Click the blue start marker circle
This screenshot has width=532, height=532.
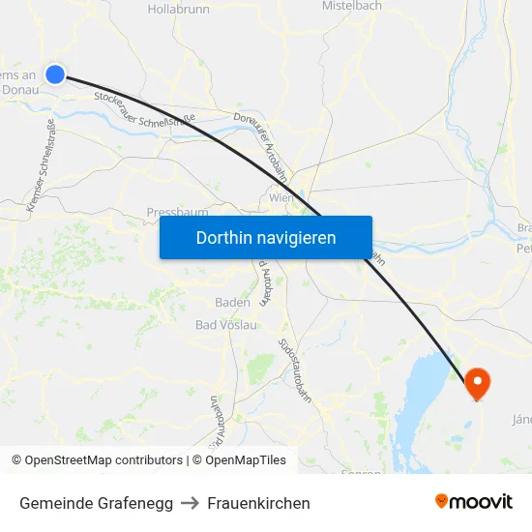pyautogui.click(x=55, y=74)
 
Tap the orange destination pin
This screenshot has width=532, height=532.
pyautogui.click(x=478, y=382)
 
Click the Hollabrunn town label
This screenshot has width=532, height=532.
pyautogui.click(x=179, y=9)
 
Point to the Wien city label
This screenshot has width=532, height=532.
pyautogui.click(x=281, y=197)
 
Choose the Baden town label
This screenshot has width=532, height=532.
pyautogui.click(x=232, y=302)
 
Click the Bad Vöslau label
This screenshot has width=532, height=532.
pyautogui.click(x=225, y=325)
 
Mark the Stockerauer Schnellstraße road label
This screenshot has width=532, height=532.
pyautogui.click(x=145, y=109)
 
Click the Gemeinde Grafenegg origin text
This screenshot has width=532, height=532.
pyautogui.click(x=97, y=503)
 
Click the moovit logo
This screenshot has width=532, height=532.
pyautogui.click(x=474, y=501)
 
